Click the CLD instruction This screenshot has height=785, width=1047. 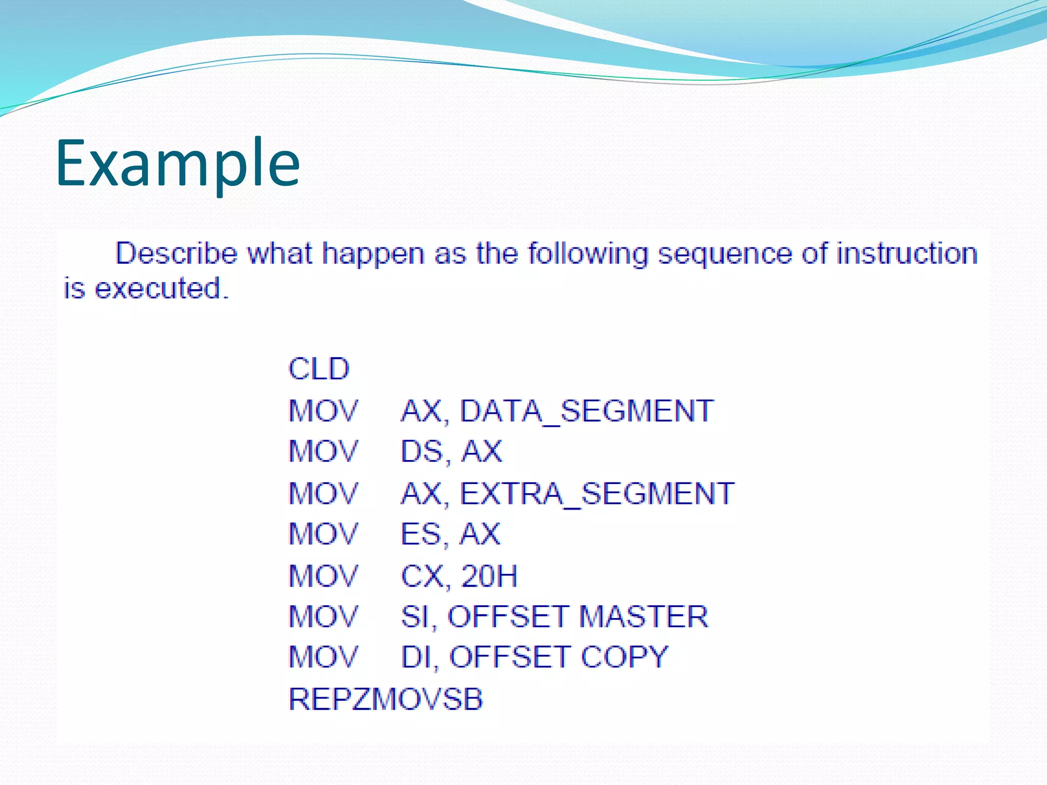318,369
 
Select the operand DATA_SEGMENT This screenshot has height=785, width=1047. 586,411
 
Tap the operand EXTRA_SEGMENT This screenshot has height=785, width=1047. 597,494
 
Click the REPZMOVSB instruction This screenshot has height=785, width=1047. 385,699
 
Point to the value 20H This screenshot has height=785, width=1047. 489,576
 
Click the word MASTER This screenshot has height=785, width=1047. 644,616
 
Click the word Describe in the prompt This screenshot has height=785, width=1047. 176,253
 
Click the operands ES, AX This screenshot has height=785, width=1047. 450,535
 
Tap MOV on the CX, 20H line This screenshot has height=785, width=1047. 323,576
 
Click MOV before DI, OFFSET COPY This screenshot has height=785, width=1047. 323,657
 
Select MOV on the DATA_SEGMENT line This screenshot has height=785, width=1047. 323,411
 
